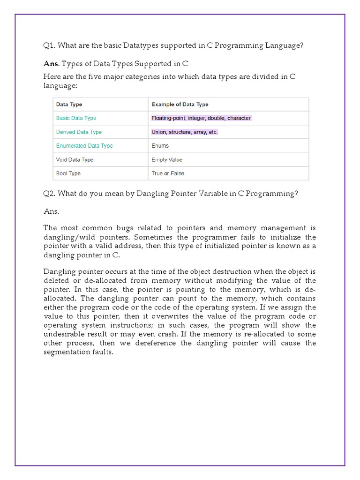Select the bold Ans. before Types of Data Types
[x=51, y=64]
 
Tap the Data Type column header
[x=69, y=105]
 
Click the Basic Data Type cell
[x=76, y=118]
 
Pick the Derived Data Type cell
[x=79, y=132]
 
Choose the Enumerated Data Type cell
[x=84, y=146]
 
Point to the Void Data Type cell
[x=75, y=160]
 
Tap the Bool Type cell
[x=68, y=173]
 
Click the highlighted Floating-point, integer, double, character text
[x=202, y=118]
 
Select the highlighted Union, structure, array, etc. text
[x=185, y=132]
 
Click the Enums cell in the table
[x=160, y=146]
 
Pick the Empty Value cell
[x=167, y=160]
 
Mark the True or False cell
[x=168, y=173]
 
